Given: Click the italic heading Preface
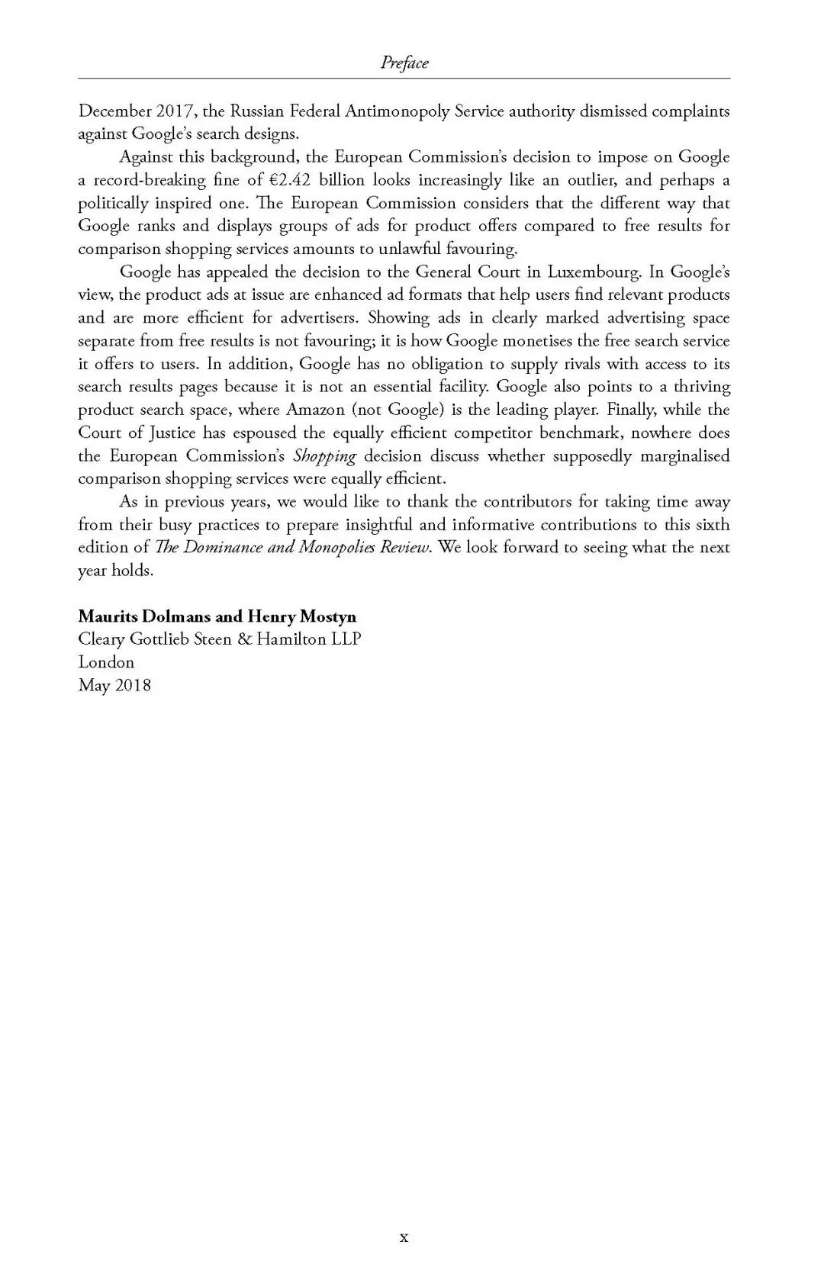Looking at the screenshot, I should (404, 63).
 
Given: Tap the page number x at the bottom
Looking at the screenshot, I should (404, 1237).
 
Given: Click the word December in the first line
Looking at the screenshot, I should (114, 111).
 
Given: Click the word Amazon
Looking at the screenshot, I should (315, 410).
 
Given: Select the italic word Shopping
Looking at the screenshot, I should (324, 456).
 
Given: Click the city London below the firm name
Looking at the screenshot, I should (106, 662).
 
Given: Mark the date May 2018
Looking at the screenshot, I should (114, 685).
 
